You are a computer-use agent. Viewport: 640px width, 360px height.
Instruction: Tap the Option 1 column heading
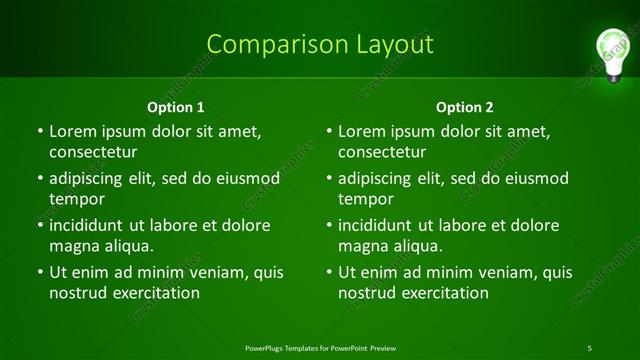point(176,107)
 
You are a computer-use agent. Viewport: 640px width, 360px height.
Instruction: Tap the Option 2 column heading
point(465,107)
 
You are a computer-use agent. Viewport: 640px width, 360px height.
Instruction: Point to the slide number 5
point(590,348)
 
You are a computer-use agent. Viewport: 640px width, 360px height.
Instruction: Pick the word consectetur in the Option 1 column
point(93,152)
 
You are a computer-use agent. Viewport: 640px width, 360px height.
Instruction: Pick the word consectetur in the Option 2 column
point(382,152)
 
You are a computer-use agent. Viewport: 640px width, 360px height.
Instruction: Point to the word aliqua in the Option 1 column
point(125,246)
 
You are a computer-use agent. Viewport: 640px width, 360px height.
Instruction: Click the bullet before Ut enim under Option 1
point(38,272)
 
